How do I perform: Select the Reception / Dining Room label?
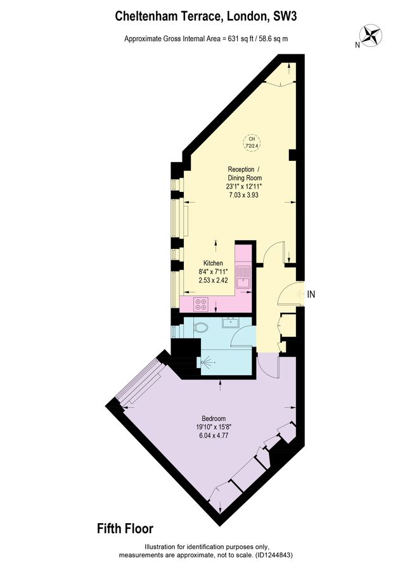click(244, 174)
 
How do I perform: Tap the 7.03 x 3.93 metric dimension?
click(244, 196)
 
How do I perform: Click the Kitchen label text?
click(213, 263)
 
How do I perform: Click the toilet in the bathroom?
click(200, 328)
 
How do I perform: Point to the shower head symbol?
click(206, 363)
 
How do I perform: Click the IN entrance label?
click(312, 294)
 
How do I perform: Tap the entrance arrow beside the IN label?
click(297, 294)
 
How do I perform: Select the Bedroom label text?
click(214, 419)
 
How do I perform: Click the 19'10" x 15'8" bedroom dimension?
click(214, 427)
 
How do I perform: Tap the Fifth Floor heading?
click(125, 528)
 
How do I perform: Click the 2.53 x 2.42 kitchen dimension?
click(213, 280)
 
